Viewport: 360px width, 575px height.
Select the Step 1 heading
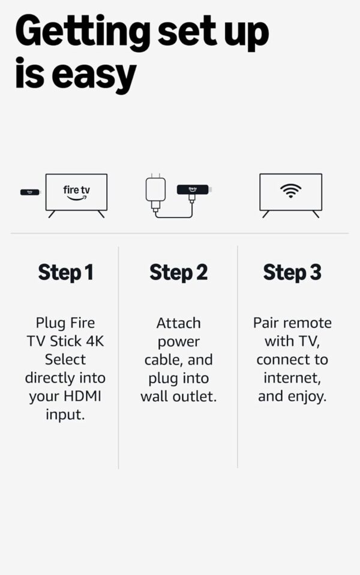click(x=65, y=272)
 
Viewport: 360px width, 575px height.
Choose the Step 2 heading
click(x=178, y=272)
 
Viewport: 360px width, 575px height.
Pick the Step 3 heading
click(x=292, y=272)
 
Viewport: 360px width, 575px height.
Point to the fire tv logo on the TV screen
click(x=76, y=192)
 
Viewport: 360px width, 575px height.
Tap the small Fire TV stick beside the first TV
click(x=30, y=192)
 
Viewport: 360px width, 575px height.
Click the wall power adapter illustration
click(x=155, y=191)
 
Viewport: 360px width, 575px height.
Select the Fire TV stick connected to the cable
click(x=193, y=189)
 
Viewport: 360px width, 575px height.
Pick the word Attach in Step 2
click(x=178, y=323)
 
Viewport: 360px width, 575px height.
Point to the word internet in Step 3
click(x=292, y=378)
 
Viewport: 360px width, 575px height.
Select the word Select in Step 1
click(x=65, y=360)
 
